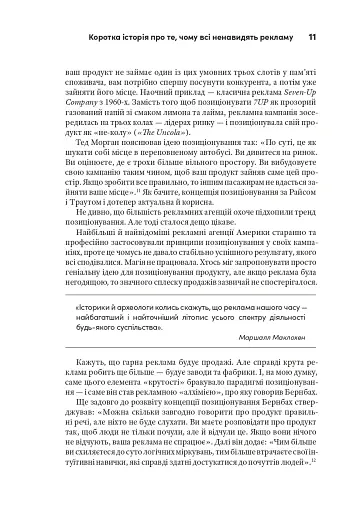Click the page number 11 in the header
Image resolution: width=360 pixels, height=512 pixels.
(x=313, y=11)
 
